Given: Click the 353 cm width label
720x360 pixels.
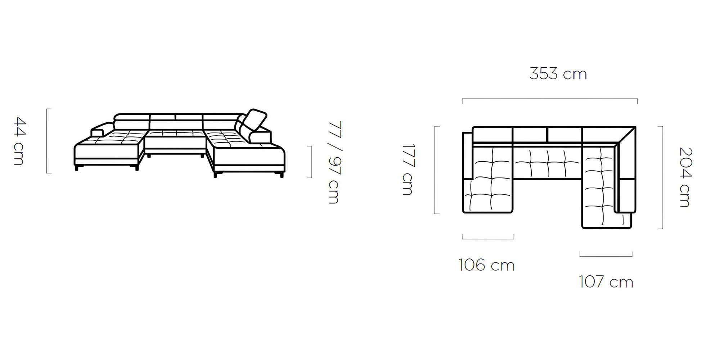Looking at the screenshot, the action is pos(558,74).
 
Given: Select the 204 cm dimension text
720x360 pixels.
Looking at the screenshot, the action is pos(685,177).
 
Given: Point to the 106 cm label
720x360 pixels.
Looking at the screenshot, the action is pos(486,265).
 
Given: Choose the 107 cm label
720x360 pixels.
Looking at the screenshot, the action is pos(606,282).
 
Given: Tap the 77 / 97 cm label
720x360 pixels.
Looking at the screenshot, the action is pos(334,163).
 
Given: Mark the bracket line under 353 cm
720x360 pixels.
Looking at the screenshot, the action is pos(550,99).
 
